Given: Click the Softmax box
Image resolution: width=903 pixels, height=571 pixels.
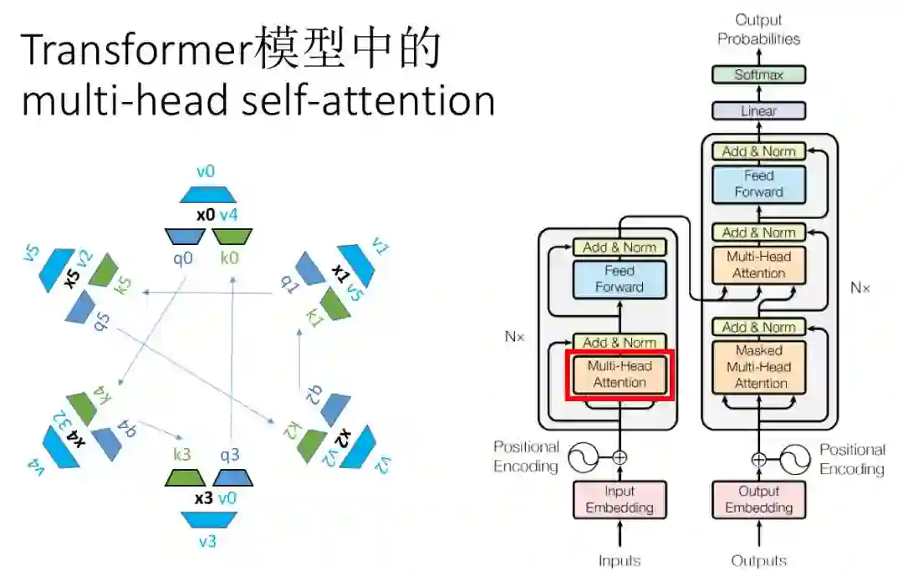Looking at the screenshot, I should [758, 74].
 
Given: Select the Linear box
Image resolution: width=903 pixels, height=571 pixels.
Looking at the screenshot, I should [758, 110].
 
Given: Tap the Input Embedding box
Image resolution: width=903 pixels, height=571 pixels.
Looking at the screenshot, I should [620, 499].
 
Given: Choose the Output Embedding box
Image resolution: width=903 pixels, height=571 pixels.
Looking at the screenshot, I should [758, 499].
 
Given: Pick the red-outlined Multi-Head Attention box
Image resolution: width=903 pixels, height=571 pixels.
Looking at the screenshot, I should [620, 375].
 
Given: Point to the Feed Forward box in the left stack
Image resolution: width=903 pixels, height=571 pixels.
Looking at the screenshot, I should [620, 279].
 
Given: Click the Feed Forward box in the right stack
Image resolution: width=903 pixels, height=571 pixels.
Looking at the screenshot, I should [758, 184].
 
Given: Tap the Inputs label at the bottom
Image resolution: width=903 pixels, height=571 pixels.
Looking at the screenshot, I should [620, 560].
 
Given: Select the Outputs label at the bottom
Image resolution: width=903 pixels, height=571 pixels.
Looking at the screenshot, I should [758, 560].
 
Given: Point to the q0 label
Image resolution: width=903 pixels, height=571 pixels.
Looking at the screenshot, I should [183, 258].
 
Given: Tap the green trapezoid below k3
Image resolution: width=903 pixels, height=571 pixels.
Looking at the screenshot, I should [185, 477].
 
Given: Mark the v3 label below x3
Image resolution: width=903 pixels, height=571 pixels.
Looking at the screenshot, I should [207, 541].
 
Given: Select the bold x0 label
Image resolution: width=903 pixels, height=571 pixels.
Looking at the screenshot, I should [206, 215].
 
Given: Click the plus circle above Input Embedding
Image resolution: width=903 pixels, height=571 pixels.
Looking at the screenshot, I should [620, 457].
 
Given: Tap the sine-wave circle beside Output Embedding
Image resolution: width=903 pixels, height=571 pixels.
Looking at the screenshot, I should [794, 459].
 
